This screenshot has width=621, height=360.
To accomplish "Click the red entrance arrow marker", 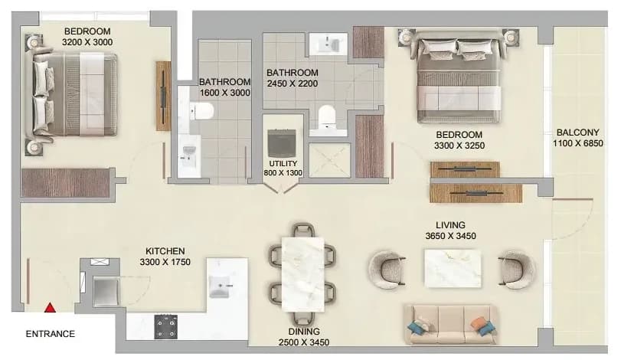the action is [50, 308].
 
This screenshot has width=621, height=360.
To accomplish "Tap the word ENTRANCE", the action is [51, 334].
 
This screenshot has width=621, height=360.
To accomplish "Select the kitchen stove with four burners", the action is [165, 327].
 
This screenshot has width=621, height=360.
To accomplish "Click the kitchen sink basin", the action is [219, 286].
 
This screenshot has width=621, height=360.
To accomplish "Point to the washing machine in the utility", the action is [282, 143].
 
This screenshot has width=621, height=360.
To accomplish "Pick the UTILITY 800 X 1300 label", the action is [283, 168].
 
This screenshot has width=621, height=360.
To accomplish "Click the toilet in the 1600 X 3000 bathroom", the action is [201, 111].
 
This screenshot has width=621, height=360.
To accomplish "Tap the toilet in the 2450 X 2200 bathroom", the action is [327, 114].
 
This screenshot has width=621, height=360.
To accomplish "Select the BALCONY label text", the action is [578, 133].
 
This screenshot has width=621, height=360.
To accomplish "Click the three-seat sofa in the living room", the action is [451, 324].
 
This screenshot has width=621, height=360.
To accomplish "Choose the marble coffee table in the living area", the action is [453, 268].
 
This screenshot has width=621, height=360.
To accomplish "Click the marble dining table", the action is [302, 274].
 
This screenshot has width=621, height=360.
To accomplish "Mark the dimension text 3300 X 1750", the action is [165, 262].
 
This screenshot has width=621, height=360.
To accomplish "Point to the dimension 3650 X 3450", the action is [451, 236].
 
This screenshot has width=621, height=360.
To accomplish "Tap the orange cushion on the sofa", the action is [479, 322].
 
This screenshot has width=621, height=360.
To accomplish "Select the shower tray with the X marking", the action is [329, 160].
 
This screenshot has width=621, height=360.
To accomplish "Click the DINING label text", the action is [304, 332].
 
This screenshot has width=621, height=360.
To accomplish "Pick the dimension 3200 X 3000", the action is [87, 42].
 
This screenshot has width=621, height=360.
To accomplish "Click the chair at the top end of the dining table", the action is [303, 231].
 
